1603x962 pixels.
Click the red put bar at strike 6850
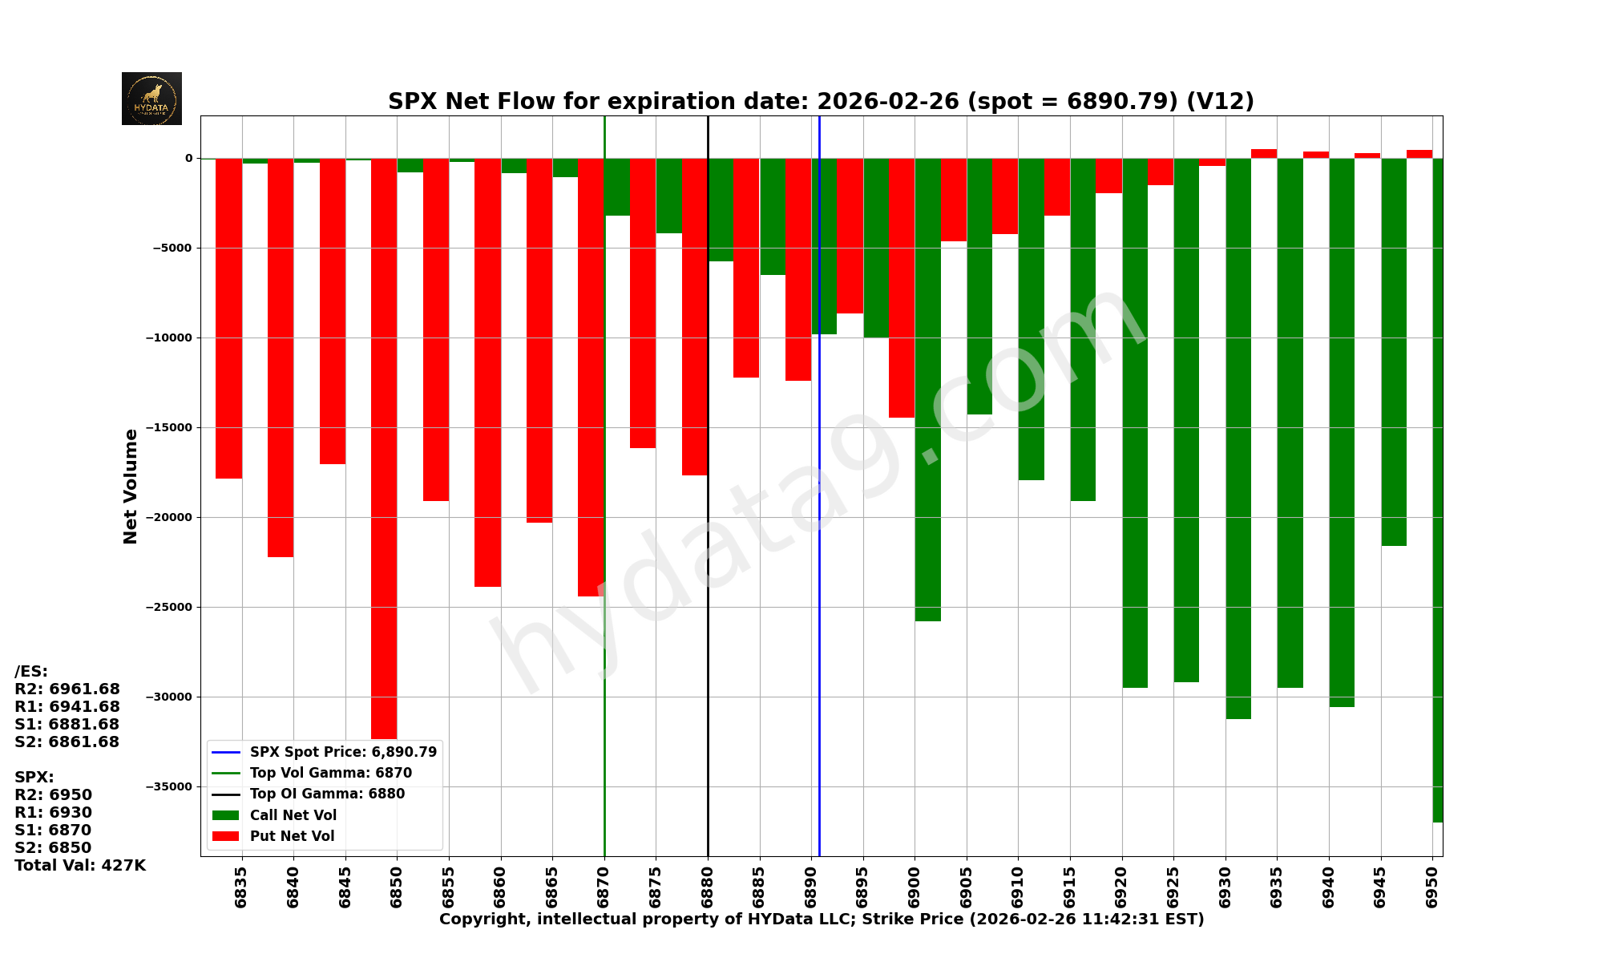[x=384, y=449]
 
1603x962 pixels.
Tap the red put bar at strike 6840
[x=281, y=358]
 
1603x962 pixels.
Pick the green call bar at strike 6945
[x=1393, y=352]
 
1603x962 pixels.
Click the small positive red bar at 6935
[x=1264, y=153]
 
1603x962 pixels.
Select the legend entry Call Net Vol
[x=293, y=815]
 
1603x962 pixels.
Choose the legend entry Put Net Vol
[x=292, y=836]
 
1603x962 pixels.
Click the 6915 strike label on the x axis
[x=1069, y=887]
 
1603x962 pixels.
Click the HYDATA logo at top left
[x=151, y=99]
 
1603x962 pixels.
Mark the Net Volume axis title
[x=131, y=486]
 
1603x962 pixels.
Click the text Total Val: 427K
[x=80, y=865]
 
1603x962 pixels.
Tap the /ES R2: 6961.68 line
[x=67, y=689]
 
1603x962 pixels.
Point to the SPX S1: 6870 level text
[x=53, y=830]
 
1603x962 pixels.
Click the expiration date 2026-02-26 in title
[x=887, y=102]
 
